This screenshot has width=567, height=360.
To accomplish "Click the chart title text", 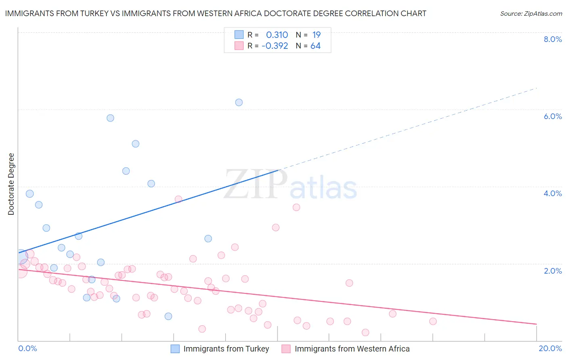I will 215,13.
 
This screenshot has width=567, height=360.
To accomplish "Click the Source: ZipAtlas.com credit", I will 531,13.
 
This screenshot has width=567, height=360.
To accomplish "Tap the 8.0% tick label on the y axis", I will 552,39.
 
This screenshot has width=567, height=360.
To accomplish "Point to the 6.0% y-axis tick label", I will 552,116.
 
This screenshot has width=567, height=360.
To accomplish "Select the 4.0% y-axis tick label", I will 552,193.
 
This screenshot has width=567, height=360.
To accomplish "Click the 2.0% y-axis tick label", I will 552,271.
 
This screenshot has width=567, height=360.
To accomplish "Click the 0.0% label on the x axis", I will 27,348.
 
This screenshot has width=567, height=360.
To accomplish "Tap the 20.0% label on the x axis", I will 550,348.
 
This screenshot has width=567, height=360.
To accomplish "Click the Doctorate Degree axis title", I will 11,184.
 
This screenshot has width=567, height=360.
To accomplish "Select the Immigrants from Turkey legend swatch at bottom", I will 175,349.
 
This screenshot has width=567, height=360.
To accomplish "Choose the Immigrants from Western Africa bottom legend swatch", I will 286,349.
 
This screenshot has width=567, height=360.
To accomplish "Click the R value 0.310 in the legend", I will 277,35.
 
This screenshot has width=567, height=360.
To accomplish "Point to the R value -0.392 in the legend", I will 275,46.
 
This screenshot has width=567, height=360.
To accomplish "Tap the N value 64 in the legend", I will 315,46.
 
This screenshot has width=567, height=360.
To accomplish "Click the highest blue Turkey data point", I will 239,103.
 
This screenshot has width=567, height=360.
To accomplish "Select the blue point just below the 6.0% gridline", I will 110,118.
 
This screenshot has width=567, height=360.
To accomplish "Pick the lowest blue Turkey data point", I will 168,316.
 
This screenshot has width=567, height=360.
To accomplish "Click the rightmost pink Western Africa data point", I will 433,321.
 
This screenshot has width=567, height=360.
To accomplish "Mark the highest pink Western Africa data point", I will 178,199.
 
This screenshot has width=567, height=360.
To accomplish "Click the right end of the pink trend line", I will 536,324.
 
